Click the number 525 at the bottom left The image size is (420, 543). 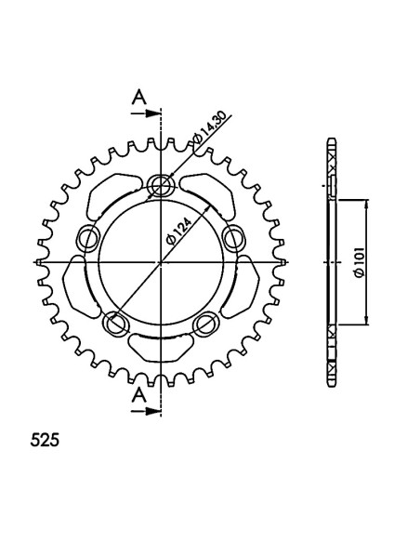point(45,440)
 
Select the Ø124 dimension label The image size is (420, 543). point(178,232)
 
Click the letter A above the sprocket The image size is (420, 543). point(139,97)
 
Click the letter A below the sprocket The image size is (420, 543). point(139,394)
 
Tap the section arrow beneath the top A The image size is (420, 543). point(146,113)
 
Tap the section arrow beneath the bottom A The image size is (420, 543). point(146,411)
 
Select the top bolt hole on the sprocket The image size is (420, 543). point(161,184)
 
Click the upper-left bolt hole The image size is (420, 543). point(89,239)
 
